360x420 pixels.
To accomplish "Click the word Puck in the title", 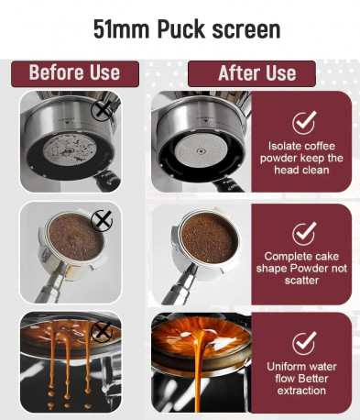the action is pyautogui.click(x=181, y=30).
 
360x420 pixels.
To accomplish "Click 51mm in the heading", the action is pyautogui.click(x=121, y=29).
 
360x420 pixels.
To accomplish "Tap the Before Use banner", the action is pyautogui.click(x=75, y=73).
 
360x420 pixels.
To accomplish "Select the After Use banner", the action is pyautogui.click(x=252, y=73).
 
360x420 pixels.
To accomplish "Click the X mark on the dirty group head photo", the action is pyautogui.click(x=102, y=111).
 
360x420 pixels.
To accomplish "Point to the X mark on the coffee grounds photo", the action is pyautogui.click(x=102, y=220).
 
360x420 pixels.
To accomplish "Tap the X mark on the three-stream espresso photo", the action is pyautogui.click(x=102, y=332).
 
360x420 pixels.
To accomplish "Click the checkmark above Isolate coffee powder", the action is pyautogui.click(x=303, y=122).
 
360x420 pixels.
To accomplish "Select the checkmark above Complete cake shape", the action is pyautogui.click(x=303, y=234).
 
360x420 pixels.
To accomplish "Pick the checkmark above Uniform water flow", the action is pyautogui.click(x=303, y=343).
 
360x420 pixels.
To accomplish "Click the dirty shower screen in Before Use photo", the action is pyautogui.click(x=70, y=150).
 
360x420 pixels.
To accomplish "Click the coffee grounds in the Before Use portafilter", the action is pyautogui.click(x=75, y=237).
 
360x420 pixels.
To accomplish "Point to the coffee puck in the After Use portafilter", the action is pyautogui.click(x=210, y=238).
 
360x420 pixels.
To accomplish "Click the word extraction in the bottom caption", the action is pyautogui.click(x=301, y=391).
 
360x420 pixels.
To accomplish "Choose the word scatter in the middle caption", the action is pyautogui.click(x=301, y=281).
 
